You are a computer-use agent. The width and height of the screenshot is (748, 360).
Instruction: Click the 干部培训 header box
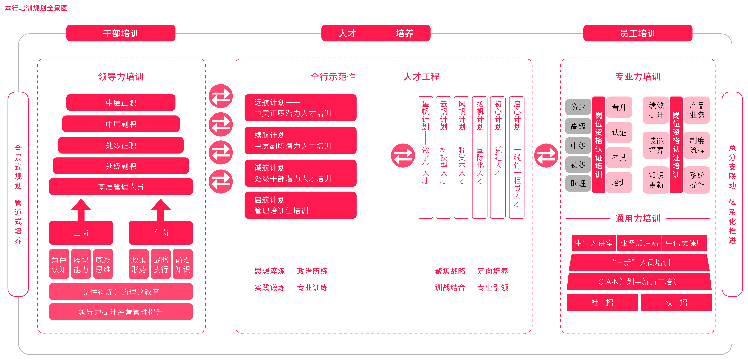[121, 33]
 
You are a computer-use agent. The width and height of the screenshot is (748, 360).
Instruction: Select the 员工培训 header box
[638, 33]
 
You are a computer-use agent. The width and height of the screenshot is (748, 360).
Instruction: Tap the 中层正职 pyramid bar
[121, 103]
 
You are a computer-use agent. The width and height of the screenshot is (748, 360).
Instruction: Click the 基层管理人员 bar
[121, 186]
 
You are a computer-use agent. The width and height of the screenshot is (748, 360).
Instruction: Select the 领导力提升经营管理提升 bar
[121, 311]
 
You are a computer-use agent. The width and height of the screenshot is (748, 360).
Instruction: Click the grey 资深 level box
[578, 107]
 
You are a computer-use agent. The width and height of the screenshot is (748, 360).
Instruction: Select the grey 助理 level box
[578, 183]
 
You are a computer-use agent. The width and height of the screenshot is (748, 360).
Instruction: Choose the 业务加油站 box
[639, 243]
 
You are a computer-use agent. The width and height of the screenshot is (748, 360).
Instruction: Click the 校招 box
[676, 302]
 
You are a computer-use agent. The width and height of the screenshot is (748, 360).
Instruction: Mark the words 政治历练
[312, 271]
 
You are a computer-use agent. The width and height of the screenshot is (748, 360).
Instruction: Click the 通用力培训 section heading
[638, 218]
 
